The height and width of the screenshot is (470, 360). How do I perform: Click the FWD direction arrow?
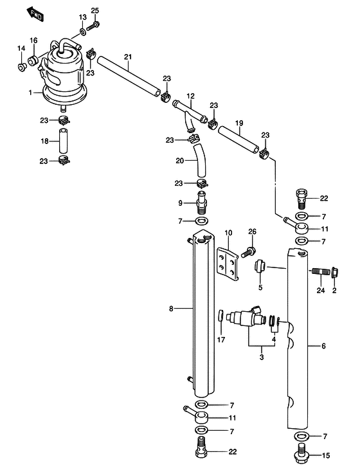(x=35, y=14)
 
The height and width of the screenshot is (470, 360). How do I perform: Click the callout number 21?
(x=128, y=57)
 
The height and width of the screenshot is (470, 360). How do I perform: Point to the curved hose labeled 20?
(x=200, y=161)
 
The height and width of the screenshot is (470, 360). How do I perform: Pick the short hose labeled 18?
(x=63, y=141)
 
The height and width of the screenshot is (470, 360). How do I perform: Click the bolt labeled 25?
(x=93, y=26)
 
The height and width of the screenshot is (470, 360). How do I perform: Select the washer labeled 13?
(x=82, y=31)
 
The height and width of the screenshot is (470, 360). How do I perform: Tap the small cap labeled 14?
(x=21, y=68)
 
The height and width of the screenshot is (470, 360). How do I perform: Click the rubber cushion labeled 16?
(x=33, y=60)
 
